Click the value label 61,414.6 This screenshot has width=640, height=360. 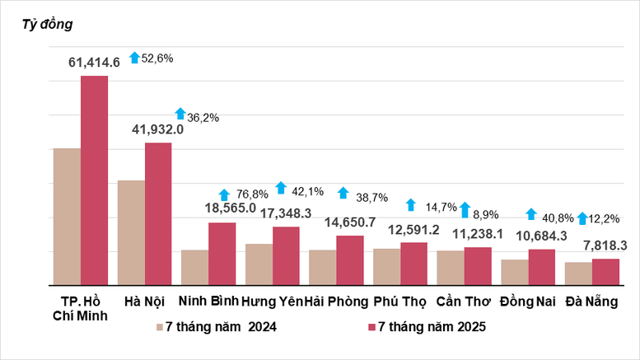(x=93, y=62)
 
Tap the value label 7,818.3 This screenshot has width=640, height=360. (x=605, y=245)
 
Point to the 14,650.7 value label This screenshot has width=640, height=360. (x=349, y=222)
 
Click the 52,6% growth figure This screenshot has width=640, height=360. (x=157, y=58)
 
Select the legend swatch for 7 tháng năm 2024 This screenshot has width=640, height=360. (x=161, y=328)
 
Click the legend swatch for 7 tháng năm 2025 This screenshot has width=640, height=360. (x=371, y=328)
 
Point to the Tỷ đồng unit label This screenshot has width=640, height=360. (x=49, y=24)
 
